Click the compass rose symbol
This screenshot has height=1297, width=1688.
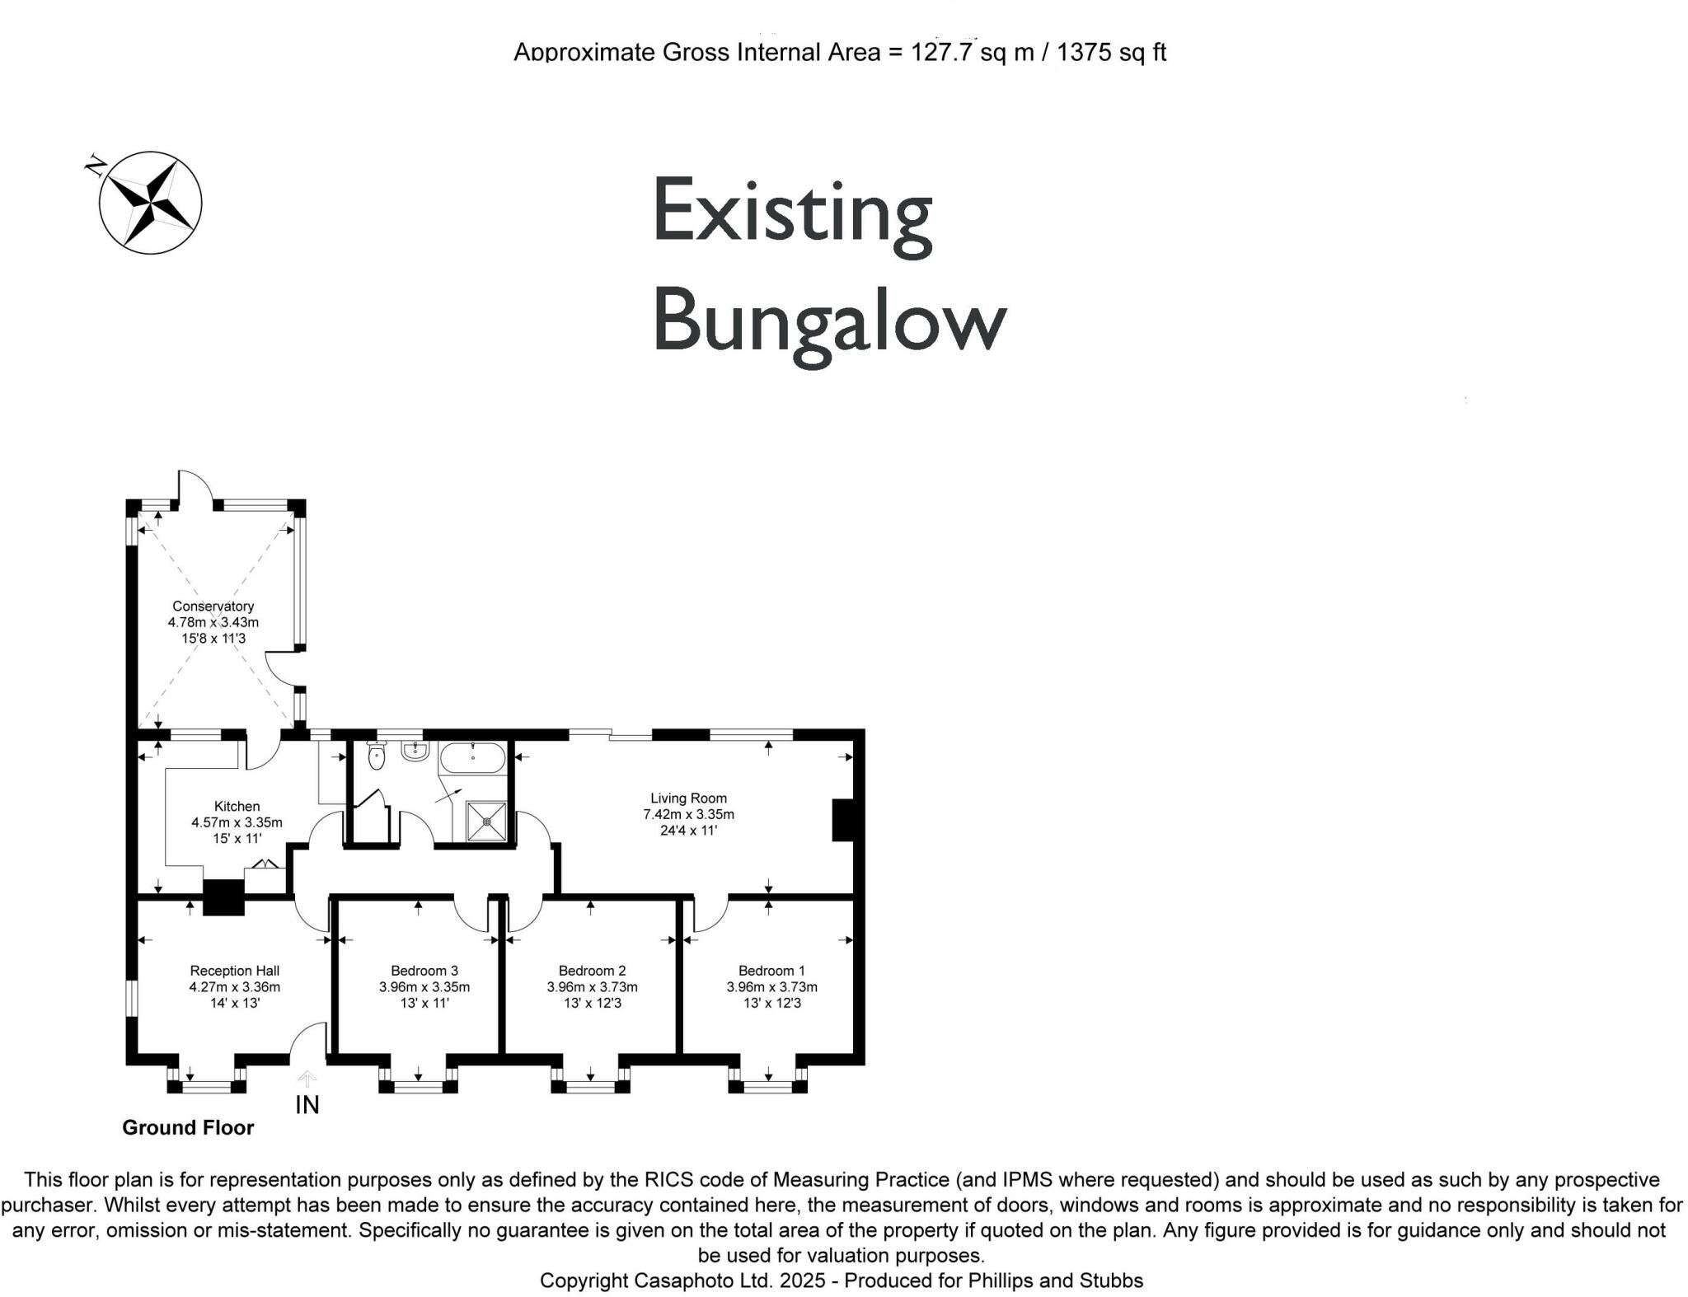[x=150, y=203]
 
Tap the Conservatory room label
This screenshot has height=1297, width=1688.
[x=213, y=606]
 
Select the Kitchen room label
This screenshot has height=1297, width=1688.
[x=237, y=807]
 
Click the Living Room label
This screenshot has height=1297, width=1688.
[x=688, y=798]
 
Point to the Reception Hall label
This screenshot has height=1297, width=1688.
[x=234, y=972]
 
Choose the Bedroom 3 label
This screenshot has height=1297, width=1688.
[x=424, y=972]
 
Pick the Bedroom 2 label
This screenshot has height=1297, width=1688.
[x=592, y=972]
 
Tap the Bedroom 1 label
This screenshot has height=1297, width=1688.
[x=771, y=972]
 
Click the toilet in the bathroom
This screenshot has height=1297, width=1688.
[x=377, y=756]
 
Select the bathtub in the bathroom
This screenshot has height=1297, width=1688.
[x=472, y=756]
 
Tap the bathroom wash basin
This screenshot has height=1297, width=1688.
[x=415, y=751]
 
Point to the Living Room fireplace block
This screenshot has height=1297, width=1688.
[x=842, y=820]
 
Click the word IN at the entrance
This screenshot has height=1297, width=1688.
[x=307, y=1105]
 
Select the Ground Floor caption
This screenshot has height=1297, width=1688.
[x=188, y=1128]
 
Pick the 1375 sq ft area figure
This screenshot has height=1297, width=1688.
[x=1111, y=53]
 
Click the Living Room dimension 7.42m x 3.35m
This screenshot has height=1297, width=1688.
[x=688, y=815]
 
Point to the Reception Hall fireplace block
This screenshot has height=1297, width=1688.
[x=224, y=898]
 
